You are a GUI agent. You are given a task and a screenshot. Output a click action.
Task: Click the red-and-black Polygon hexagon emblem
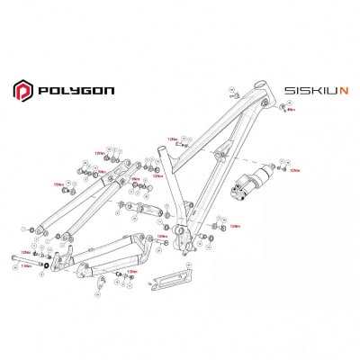22,90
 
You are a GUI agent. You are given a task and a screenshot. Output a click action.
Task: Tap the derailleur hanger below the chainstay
101,285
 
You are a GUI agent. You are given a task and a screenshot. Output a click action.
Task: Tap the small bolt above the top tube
233,94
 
